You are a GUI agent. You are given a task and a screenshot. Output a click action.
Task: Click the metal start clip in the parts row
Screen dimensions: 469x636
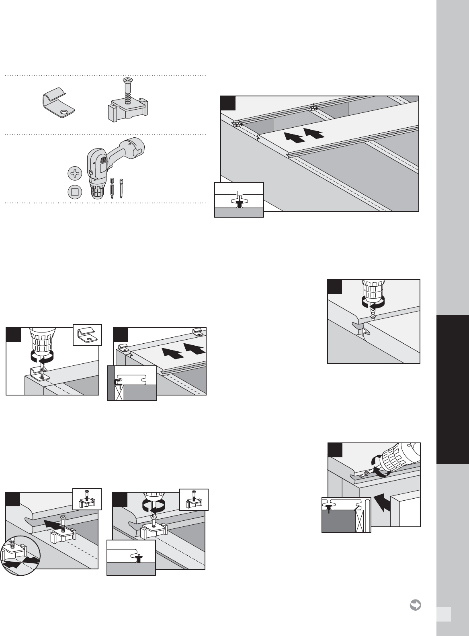click(59, 106)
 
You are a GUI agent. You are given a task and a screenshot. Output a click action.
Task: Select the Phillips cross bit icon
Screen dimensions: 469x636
click(74, 173)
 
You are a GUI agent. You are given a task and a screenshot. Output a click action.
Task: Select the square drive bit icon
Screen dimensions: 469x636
click(74, 192)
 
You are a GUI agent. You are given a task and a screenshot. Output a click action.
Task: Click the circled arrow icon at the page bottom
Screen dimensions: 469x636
click(415, 605)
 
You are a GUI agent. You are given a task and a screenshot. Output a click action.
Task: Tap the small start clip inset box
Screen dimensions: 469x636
click(87, 334)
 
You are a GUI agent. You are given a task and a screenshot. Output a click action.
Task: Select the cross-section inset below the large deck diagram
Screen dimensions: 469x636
click(239, 200)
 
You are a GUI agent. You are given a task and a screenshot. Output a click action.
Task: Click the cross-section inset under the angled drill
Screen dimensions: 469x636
click(346, 514)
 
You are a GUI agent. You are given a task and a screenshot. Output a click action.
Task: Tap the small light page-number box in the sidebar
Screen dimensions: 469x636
click(444, 614)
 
